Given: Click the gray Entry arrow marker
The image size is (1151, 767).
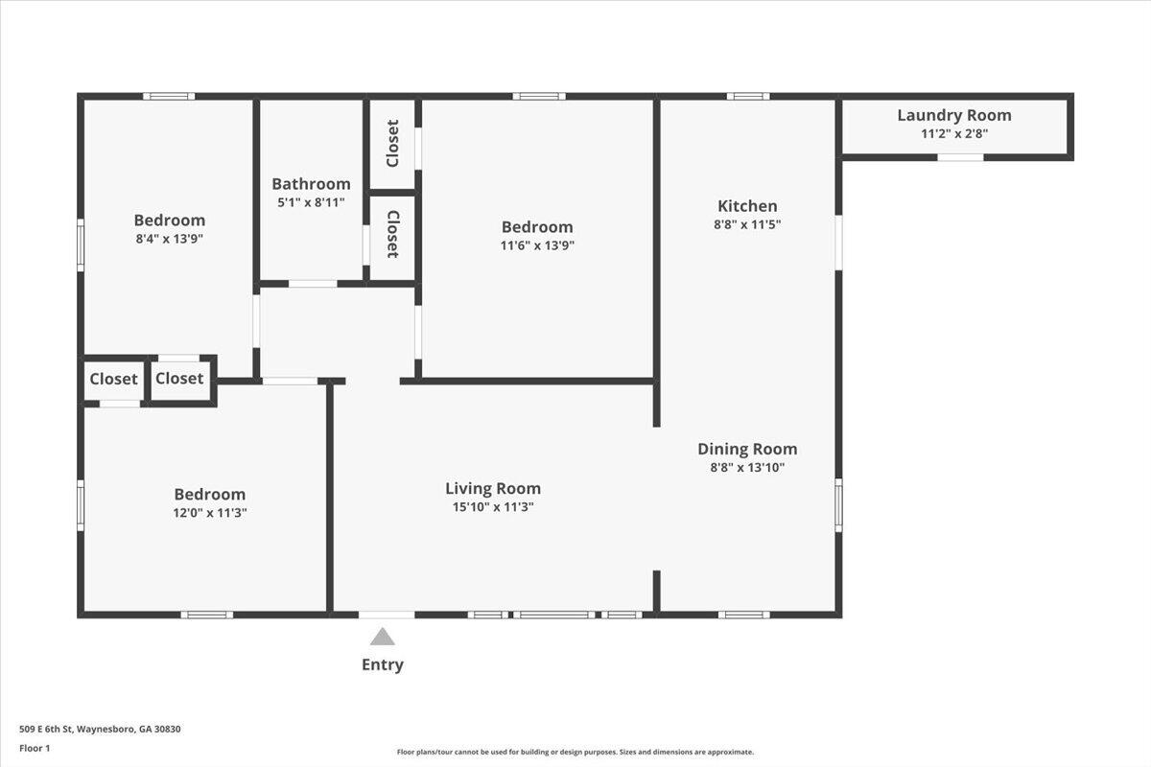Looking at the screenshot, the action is point(383,637).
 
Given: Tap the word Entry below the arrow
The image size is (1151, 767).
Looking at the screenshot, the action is point(383,664).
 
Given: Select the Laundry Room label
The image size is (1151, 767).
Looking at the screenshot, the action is point(954,116).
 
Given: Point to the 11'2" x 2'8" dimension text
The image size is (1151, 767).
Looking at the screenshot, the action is point(954,134).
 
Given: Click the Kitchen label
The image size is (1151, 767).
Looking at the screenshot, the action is point(747,206).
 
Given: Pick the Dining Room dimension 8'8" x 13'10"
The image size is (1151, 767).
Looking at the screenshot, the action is point(747,468).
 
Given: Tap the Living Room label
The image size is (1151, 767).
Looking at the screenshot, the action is point(493,489).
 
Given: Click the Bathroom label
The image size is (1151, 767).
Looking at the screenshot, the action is point(311,184).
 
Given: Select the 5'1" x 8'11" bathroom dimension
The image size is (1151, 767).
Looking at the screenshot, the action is point(311,202).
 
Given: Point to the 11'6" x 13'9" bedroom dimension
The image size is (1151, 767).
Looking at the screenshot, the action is point(537,245).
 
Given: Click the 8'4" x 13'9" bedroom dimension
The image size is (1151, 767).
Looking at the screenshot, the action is point(169,239).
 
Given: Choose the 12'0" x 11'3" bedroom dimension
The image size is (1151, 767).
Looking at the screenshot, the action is point(210,513).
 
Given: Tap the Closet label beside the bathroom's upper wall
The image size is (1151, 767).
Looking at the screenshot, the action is point(392,143).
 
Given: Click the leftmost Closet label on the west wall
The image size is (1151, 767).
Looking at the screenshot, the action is point(113,379).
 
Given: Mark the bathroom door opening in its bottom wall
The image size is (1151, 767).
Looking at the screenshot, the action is point(313,284).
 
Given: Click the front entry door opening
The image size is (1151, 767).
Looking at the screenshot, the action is point(387,615).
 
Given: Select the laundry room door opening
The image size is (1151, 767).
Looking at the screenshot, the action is point(960,157).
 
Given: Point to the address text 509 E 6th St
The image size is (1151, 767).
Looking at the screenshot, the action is point(47,729).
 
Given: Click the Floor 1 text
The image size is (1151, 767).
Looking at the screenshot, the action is point(35,749).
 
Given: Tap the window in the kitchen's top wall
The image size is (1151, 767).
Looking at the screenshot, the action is point(747,96).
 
